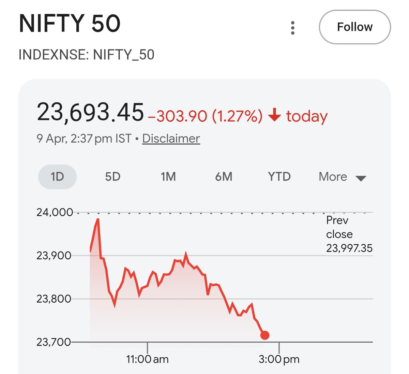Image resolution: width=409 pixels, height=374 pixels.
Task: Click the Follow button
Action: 354,27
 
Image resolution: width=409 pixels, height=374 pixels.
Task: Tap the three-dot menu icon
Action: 292,28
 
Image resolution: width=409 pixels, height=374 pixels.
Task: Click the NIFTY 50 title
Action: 70,24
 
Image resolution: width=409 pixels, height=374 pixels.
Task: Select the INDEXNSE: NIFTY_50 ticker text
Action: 86,55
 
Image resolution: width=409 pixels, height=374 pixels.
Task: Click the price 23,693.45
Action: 90,112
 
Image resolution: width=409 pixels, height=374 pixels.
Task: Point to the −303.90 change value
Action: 178,116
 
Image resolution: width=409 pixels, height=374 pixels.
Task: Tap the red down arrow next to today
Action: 274,115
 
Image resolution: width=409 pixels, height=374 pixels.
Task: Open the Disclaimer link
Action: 171,139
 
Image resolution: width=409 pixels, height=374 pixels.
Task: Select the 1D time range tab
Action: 57,177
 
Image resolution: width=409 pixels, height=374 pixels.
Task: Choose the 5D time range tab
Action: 113,177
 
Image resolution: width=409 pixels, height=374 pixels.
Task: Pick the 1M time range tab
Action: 168,177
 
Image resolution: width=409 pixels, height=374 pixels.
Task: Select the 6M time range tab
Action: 224,177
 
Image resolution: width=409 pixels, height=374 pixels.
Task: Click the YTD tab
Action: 279,177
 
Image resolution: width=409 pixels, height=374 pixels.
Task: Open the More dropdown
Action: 342,177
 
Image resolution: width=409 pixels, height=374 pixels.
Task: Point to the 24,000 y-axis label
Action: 55,212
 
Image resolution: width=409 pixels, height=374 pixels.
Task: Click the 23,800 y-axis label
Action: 54,299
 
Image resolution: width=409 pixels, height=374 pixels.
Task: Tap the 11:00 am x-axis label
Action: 147,359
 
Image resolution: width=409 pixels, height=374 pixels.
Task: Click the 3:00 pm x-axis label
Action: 279,359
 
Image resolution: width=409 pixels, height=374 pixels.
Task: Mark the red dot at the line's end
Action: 265,335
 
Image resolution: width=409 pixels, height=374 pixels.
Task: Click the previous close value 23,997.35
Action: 349,248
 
